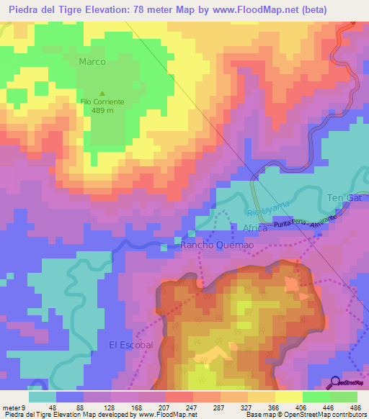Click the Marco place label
(92, 62)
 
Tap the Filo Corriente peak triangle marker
(102, 93)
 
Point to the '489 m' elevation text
(102, 112)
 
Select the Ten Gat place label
(344, 198)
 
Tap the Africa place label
(255, 227)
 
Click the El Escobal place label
(131, 345)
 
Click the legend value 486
(355, 407)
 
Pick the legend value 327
(234, 407)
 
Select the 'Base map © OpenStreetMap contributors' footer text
(304, 415)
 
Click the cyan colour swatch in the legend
(43, 396)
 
